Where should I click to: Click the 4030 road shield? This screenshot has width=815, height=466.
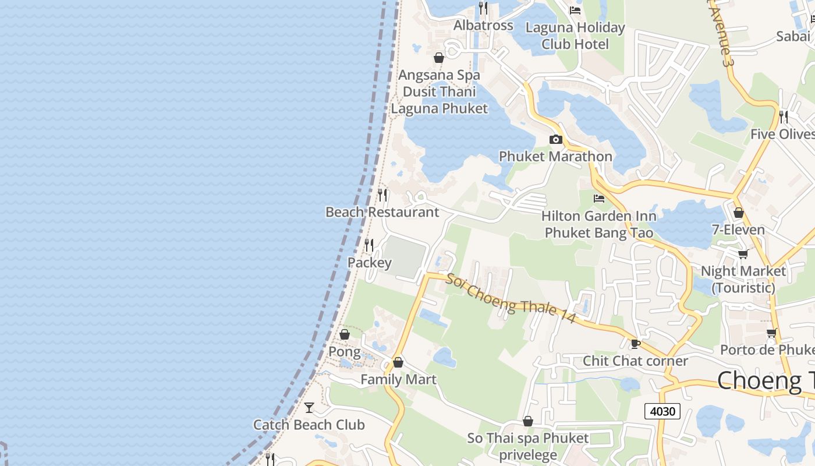point(662,411)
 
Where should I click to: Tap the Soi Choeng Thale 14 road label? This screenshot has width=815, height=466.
point(511,298)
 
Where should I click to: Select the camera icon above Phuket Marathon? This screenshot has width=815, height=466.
point(555,139)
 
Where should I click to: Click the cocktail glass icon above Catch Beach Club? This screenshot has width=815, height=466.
point(309,407)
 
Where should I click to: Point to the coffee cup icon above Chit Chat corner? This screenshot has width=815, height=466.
point(635,344)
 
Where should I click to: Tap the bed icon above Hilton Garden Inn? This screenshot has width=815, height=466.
point(598,199)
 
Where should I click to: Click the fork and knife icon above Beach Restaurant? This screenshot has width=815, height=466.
point(382,195)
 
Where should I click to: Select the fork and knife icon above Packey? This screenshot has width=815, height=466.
point(369,245)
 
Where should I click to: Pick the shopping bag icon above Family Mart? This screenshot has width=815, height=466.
point(398,362)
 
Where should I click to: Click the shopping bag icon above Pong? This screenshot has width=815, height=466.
point(345,334)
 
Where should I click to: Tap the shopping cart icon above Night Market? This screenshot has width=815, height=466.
point(743,254)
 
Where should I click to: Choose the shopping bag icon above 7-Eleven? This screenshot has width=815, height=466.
point(739,213)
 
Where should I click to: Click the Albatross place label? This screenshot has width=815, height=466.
point(483,25)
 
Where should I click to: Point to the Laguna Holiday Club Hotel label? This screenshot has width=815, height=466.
point(575,36)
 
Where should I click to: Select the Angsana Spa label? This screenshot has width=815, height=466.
point(439,75)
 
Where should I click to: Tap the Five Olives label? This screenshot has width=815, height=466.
point(782,134)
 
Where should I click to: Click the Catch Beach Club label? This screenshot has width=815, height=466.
point(309,425)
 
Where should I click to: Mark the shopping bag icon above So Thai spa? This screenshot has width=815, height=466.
point(528,421)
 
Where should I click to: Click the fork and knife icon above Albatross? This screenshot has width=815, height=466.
point(483,8)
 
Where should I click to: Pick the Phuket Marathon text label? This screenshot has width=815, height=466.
point(555,156)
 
